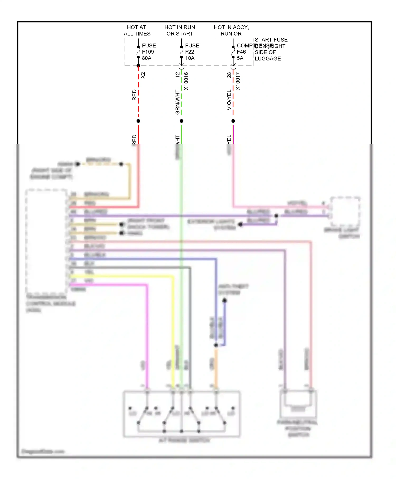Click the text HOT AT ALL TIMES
137,30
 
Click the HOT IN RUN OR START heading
180,30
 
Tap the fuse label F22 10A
192,52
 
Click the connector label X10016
186,81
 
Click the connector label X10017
238,81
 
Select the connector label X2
143,75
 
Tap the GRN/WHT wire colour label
177,102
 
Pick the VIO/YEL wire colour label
229,100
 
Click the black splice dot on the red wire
138,121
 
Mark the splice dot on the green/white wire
181,121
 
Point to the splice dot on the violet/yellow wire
233,121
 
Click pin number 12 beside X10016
177,75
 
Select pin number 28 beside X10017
229,75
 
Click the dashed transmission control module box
46,240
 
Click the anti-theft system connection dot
224,300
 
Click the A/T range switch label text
184,440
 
